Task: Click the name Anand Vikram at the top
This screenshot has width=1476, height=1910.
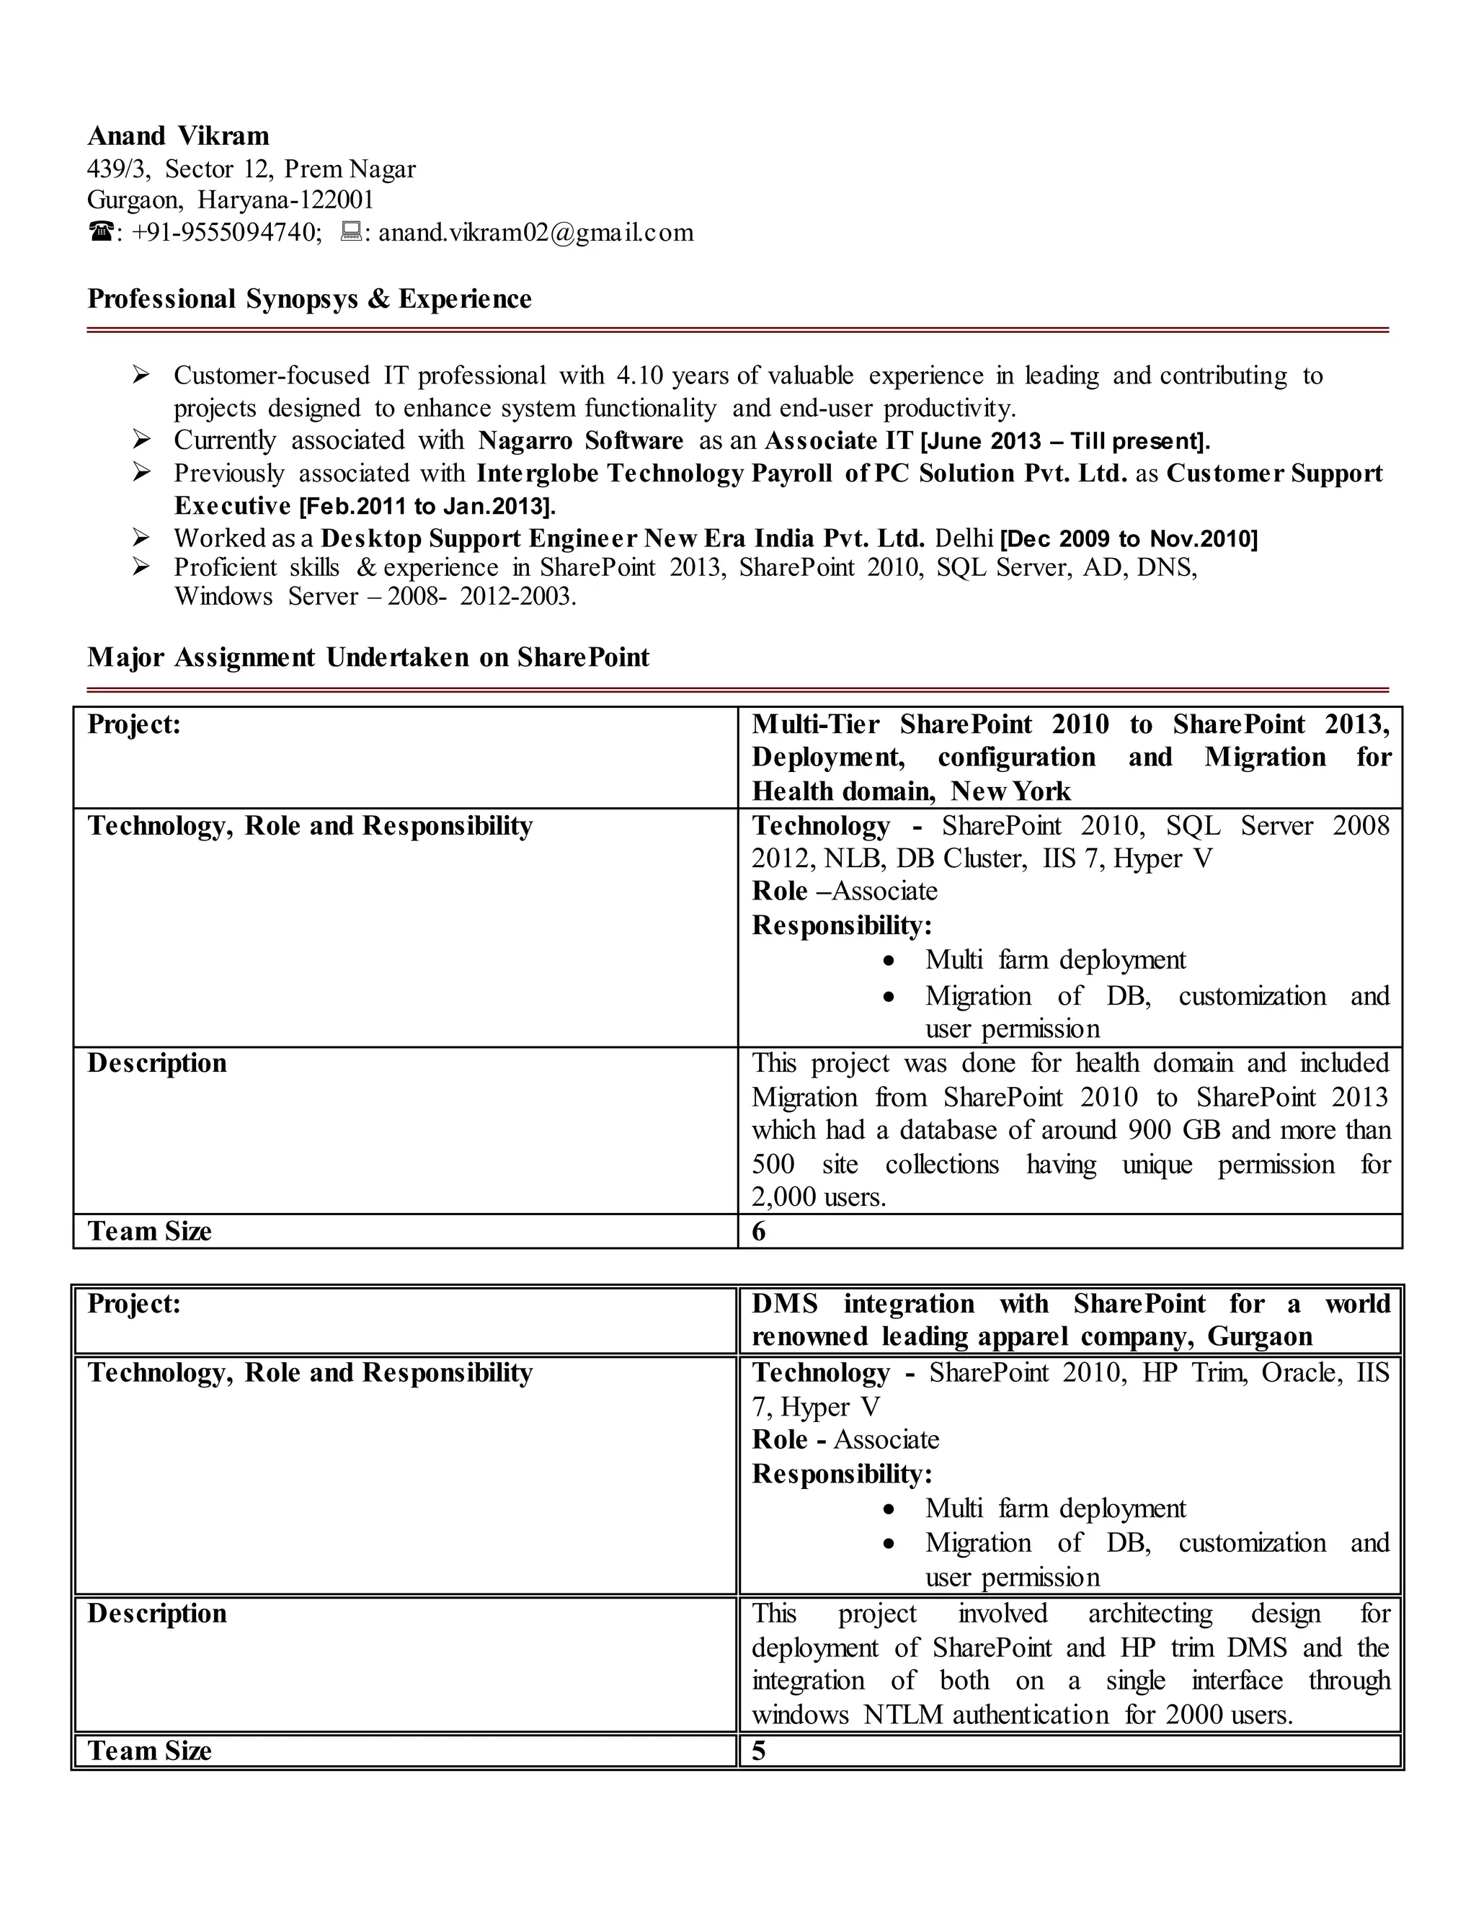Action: pos(179,136)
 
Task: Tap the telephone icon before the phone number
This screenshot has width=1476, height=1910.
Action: pos(101,233)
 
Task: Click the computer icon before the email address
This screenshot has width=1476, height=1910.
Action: pos(351,232)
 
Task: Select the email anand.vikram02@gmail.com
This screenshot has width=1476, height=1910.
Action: pos(535,233)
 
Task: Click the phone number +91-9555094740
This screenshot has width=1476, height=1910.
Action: pos(226,233)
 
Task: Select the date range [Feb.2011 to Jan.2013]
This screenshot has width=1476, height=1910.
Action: pos(427,507)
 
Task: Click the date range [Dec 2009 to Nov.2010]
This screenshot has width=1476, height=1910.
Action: pos(1128,538)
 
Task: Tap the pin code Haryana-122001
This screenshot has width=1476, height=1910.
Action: pos(286,200)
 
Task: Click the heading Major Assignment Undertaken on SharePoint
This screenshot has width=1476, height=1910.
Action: pos(368,657)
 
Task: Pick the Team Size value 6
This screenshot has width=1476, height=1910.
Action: pos(758,1231)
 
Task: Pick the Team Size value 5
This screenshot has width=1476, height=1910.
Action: pos(758,1751)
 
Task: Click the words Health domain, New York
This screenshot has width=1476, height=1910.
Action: pos(910,791)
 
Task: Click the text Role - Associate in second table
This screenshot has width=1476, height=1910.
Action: pos(845,1439)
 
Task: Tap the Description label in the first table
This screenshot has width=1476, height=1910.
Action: pos(156,1063)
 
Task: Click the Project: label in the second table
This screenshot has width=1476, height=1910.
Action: pos(134,1304)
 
